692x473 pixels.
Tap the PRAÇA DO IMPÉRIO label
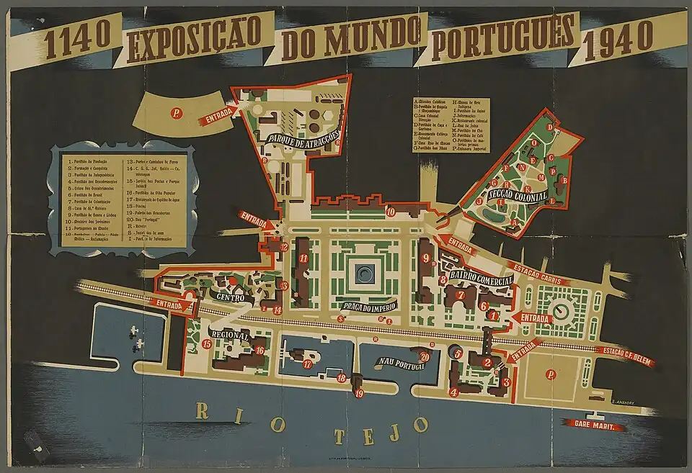361,308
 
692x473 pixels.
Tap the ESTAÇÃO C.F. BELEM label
626,354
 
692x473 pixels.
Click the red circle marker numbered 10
390,212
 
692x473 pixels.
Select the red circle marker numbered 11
303,258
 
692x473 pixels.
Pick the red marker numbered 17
307,364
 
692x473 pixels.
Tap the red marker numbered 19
359,392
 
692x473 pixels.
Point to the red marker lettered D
549,127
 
